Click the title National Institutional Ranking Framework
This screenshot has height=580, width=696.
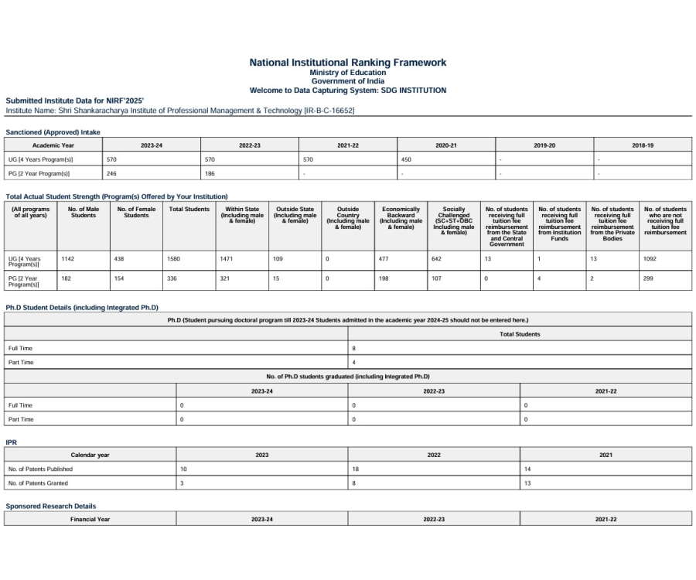[x=347, y=63]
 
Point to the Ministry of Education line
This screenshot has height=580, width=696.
[x=347, y=73]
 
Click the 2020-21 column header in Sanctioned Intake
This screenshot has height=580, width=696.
[x=446, y=145]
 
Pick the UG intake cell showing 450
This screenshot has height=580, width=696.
[x=406, y=159]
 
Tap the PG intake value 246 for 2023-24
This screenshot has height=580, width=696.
[x=111, y=173]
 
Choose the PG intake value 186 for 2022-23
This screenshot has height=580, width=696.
[x=210, y=173]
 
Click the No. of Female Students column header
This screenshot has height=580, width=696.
[x=136, y=212]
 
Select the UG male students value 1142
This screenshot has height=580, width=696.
[x=68, y=259]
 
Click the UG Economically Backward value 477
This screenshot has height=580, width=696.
[x=384, y=259]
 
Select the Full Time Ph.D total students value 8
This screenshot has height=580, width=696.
[x=354, y=348]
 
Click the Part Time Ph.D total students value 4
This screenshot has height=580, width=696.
[x=354, y=362]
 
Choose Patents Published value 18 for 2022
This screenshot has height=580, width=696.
[x=356, y=469]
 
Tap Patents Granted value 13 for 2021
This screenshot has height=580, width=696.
[x=529, y=483]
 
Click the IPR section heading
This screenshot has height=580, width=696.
[x=11, y=442]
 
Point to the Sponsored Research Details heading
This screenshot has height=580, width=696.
[x=51, y=506]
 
